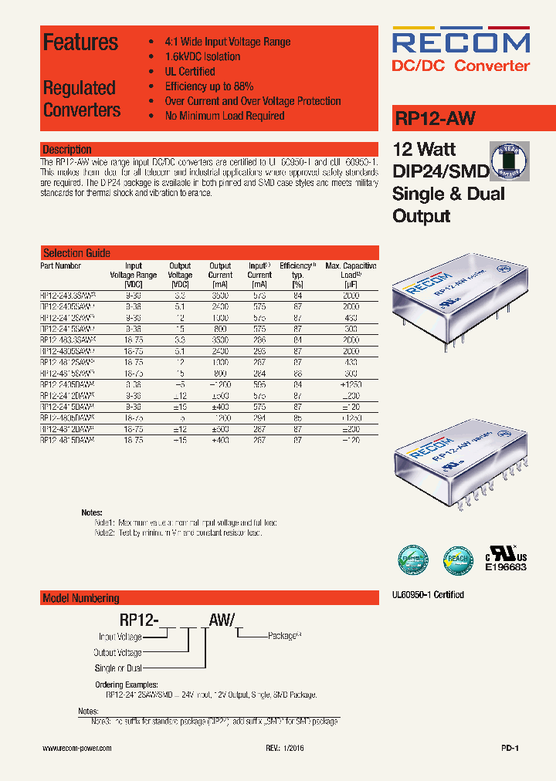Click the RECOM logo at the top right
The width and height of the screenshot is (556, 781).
click(461, 41)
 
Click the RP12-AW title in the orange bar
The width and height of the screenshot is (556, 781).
click(435, 119)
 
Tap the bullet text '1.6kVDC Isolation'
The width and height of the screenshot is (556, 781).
click(202, 56)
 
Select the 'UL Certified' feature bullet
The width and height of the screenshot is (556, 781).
click(190, 71)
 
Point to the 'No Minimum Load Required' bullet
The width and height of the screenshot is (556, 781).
click(225, 116)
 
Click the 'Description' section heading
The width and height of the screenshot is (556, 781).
click(67, 149)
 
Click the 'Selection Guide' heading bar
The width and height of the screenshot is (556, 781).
click(76, 253)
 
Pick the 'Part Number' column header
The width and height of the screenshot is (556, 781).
click(61, 265)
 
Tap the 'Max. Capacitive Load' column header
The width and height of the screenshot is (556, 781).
click(351, 270)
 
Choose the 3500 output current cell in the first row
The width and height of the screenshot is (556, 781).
click(220, 295)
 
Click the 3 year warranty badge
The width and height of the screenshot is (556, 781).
click(510, 161)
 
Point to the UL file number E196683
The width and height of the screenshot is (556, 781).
click(506, 567)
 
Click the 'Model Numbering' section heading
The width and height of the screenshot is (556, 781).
click(81, 598)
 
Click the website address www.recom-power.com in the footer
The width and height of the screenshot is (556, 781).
click(76, 749)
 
